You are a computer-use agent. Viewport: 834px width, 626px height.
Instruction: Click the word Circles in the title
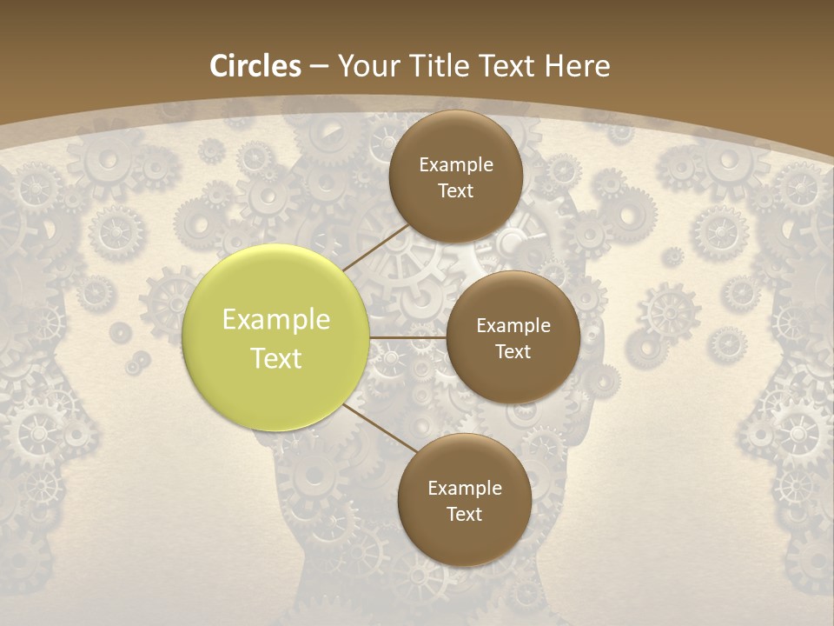point(255,66)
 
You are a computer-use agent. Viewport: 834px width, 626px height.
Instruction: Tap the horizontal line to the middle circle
point(407,337)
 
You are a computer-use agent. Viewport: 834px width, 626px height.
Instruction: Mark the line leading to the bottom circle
point(380,428)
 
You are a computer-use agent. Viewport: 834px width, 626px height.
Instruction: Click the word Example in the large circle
point(275,320)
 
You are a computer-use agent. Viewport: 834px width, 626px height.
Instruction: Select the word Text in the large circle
point(275,358)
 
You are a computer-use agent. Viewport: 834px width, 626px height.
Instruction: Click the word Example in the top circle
point(455,165)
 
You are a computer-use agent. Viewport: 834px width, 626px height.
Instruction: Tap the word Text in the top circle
point(455,191)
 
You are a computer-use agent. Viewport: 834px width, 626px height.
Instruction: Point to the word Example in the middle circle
point(513,326)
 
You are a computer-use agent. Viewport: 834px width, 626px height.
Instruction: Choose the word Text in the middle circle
point(513,351)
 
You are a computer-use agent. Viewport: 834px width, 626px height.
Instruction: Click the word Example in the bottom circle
point(464,489)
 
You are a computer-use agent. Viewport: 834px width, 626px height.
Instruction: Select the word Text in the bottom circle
point(464,514)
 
